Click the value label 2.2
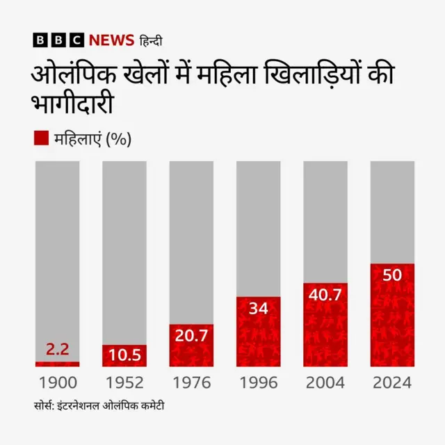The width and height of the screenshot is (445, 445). coord(57,349)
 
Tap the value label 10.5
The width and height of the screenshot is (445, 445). coord(124,355)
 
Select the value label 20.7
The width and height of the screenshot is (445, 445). coord(191,335)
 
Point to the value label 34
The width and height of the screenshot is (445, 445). coord(258,307)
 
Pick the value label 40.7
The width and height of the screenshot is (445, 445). coord(325,295)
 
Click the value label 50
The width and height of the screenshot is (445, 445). coord(392,275)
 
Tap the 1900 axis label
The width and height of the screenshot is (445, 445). coord(58,383)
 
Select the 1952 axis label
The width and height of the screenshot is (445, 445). coord(124,383)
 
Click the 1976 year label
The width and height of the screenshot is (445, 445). coord(191,383)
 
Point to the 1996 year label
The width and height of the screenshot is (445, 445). coord(258,383)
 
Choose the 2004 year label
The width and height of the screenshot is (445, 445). coord(325,383)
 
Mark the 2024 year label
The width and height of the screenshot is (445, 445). coord(392,383)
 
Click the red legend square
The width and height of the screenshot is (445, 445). coord(40,138)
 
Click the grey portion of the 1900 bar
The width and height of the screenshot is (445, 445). coord(58,257)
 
